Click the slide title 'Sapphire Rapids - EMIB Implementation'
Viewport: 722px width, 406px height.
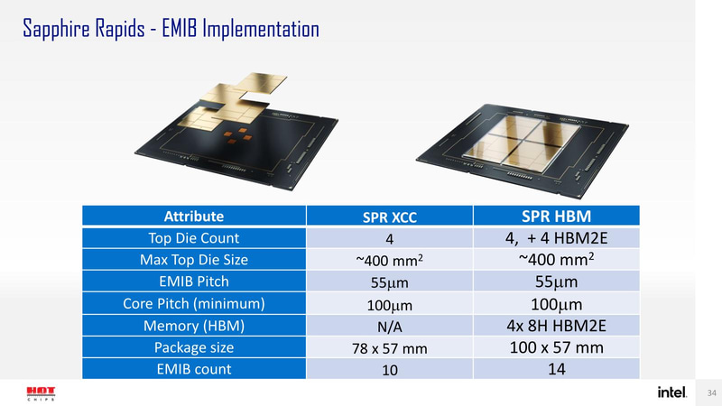(x=170, y=29)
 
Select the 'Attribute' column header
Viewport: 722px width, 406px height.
(x=194, y=217)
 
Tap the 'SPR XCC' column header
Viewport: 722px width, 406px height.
(x=389, y=217)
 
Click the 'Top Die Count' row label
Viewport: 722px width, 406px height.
(x=194, y=238)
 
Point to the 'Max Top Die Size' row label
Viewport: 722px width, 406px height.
(x=194, y=261)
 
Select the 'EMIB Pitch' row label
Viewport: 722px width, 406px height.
(x=194, y=281)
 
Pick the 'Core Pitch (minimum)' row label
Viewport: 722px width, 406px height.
(x=194, y=303)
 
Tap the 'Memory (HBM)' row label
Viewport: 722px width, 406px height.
(x=194, y=325)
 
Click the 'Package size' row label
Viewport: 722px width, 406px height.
(x=194, y=346)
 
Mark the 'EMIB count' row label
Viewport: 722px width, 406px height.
(x=194, y=368)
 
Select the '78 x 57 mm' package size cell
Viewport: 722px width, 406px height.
(x=389, y=348)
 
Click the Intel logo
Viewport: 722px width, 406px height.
(x=671, y=392)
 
